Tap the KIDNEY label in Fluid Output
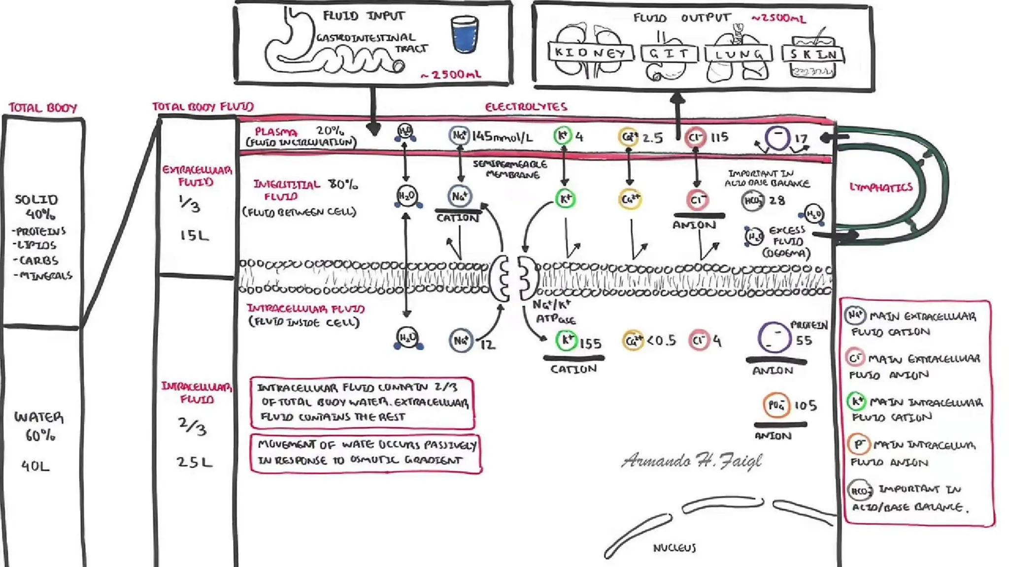(590, 53)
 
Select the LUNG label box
(738, 54)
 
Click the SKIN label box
(813, 54)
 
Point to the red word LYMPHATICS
(881, 187)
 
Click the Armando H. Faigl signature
(692, 461)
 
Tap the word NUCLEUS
(674, 548)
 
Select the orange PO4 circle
(776, 405)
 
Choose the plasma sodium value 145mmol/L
(502, 136)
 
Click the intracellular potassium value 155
(590, 343)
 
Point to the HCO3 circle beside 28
(752, 201)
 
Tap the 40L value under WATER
(35, 466)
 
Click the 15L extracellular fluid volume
(194, 235)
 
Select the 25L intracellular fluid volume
(194, 462)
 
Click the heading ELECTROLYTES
(526, 107)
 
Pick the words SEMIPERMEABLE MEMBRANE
(510, 169)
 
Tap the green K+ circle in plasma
(563, 135)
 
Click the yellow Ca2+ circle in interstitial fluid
(630, 199)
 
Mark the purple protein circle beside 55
(774, 338)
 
